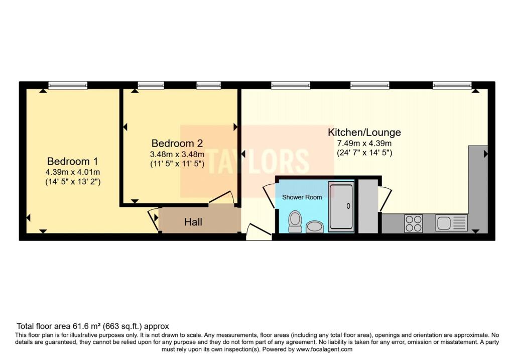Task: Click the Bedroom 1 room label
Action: click(72, 161)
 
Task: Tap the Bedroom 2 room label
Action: click(177, 143)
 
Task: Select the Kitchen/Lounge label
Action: click(364, 133)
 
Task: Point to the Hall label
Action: click(193, 222)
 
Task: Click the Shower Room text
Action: click(302, 197)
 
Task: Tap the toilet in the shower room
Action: click(295, 221)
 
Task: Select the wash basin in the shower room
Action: click(315, 227)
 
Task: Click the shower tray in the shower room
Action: click(341, 206)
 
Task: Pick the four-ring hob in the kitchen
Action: click(414, 223)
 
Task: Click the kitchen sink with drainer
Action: click(451, 222)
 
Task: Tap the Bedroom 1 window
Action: click(68, 85)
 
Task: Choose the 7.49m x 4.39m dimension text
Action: click(364, 143)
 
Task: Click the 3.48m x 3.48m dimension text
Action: click(177, 154)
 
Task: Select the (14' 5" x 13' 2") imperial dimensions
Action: click(73, 182)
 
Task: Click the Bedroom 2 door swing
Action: click(221, 198)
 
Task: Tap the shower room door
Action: click(269, 196)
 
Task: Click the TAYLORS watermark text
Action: click(258, 161)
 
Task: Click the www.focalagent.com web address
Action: click(324, 349)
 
